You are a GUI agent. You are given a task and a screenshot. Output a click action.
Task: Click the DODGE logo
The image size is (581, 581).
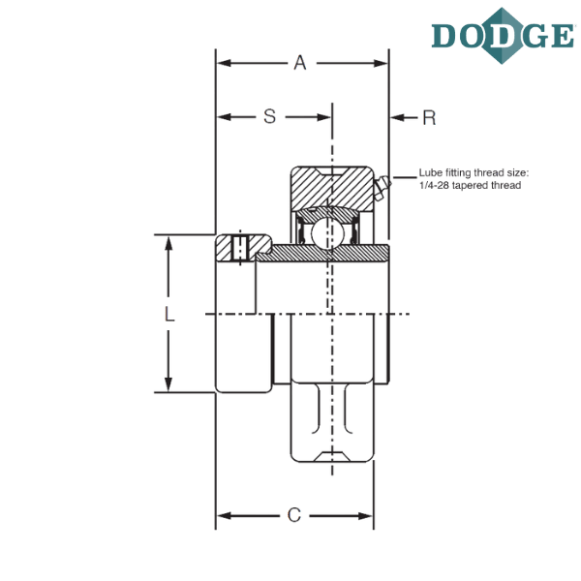pos(503,36)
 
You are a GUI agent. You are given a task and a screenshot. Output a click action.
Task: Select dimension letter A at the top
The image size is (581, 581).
pos(300,63)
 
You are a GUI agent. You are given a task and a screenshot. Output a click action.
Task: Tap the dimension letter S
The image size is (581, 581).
pos(270,116)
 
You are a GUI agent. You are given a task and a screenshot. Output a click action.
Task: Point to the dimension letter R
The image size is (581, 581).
pos(429,118)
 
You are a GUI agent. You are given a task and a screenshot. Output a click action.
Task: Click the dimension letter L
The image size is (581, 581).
pos(169,314)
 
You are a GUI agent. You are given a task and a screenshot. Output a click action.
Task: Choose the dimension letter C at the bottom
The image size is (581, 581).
pos(294,515)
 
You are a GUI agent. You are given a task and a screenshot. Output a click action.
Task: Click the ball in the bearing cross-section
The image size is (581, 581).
pos(327,232)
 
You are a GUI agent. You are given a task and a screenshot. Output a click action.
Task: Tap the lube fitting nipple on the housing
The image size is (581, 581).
pos(382,188)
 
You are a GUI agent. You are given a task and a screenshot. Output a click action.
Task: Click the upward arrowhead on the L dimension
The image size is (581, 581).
pos(168,246)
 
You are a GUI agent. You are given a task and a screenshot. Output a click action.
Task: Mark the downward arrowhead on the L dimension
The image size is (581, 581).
pos(168,382)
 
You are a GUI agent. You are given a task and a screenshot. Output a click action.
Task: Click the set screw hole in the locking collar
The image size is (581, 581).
pos(240,247)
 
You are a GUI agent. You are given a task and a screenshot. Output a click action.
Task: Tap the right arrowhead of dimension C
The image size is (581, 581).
pos(364,515)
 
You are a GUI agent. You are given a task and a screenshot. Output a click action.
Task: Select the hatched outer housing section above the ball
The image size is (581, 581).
pos(332,188)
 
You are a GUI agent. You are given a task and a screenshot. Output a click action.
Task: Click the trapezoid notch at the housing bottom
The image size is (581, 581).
pos(331,456)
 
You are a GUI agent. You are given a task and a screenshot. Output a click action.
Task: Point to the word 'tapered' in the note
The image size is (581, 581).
pos(469,185)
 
